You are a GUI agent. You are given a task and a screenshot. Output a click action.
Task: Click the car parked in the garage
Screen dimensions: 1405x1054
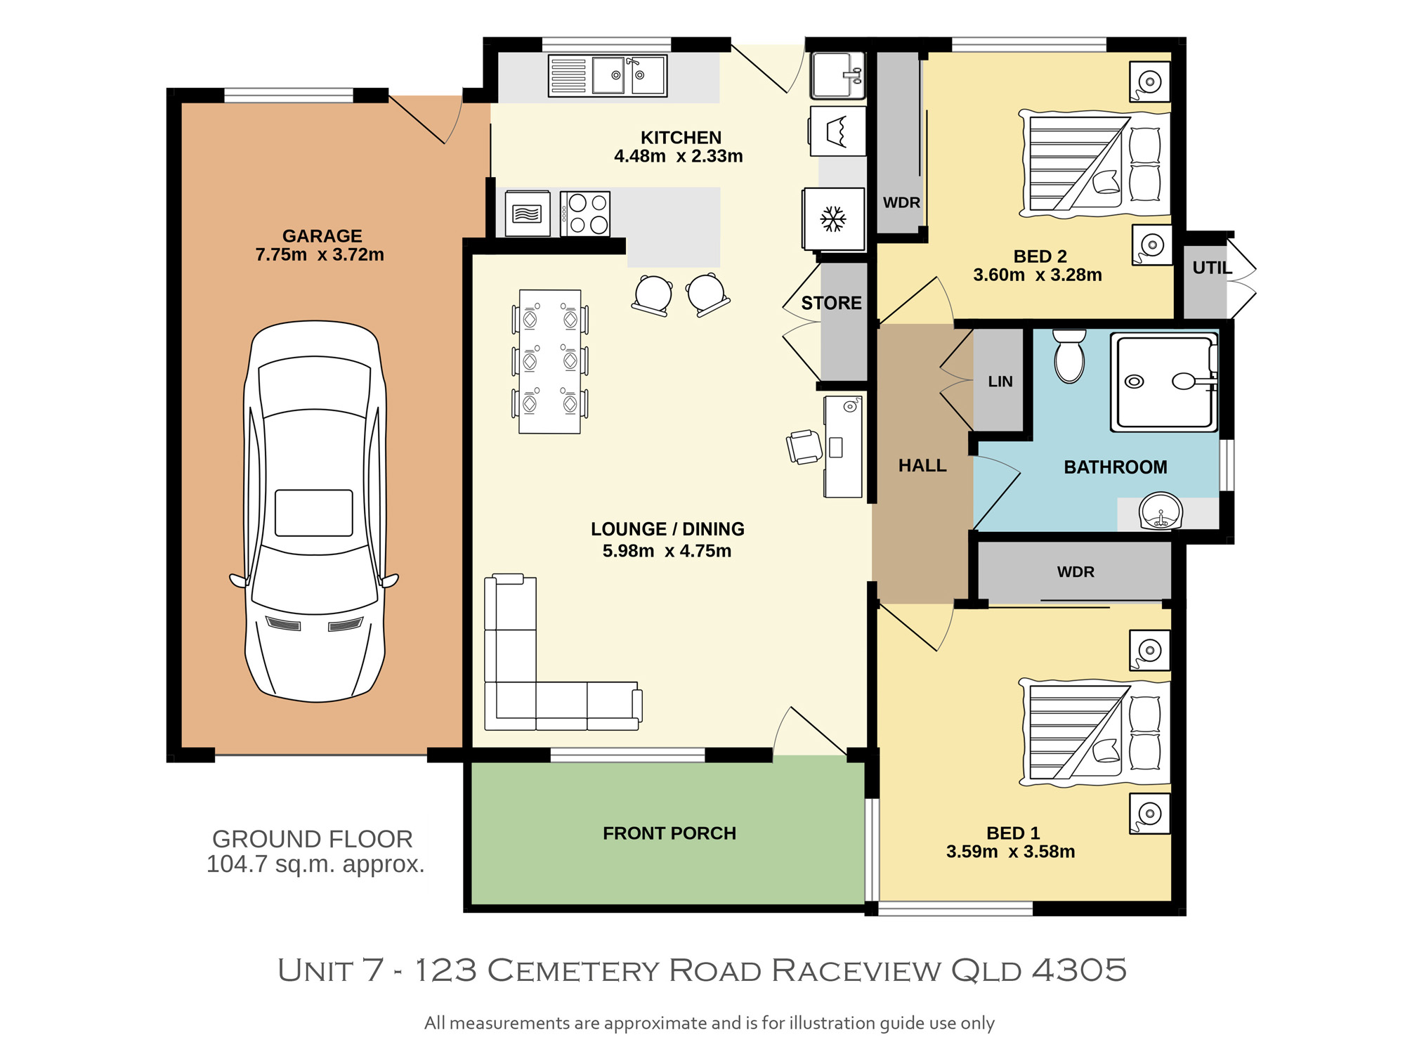[315, 512]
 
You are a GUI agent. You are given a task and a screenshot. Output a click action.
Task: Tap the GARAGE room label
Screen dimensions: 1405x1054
[322, 236]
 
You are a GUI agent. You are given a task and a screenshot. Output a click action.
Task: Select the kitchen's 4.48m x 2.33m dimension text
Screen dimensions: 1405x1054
[679, 156]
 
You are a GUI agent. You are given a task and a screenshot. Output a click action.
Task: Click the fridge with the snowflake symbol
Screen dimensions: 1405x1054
[834, 219]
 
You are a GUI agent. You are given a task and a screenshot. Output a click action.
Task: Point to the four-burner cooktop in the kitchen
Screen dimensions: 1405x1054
[585, 214]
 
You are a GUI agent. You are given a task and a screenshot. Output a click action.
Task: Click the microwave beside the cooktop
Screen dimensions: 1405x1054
[528, 214]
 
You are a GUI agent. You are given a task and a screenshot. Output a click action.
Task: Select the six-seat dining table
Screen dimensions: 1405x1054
[550, 361]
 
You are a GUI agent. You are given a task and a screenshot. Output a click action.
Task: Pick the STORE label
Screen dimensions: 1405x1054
[831, 303]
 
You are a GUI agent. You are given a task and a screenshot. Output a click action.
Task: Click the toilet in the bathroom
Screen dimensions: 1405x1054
[1069, 356]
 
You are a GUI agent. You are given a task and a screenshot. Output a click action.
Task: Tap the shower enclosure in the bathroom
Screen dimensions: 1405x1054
[1164, 382]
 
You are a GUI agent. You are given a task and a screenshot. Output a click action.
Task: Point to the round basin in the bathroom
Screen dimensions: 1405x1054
[1161, 511]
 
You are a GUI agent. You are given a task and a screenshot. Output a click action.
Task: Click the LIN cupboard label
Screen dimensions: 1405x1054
[1000, 382]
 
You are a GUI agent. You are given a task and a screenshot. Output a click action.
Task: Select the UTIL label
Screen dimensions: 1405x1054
[1212, 268]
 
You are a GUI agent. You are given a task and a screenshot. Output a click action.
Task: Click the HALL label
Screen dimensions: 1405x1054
[922, 465]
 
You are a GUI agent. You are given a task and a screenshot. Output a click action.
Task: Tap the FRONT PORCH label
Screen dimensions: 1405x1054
[669, 833]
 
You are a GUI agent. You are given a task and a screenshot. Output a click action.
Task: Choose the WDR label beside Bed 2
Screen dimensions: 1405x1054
[901, 202]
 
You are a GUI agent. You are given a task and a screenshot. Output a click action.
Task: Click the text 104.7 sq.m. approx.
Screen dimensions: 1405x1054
[315, 864]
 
